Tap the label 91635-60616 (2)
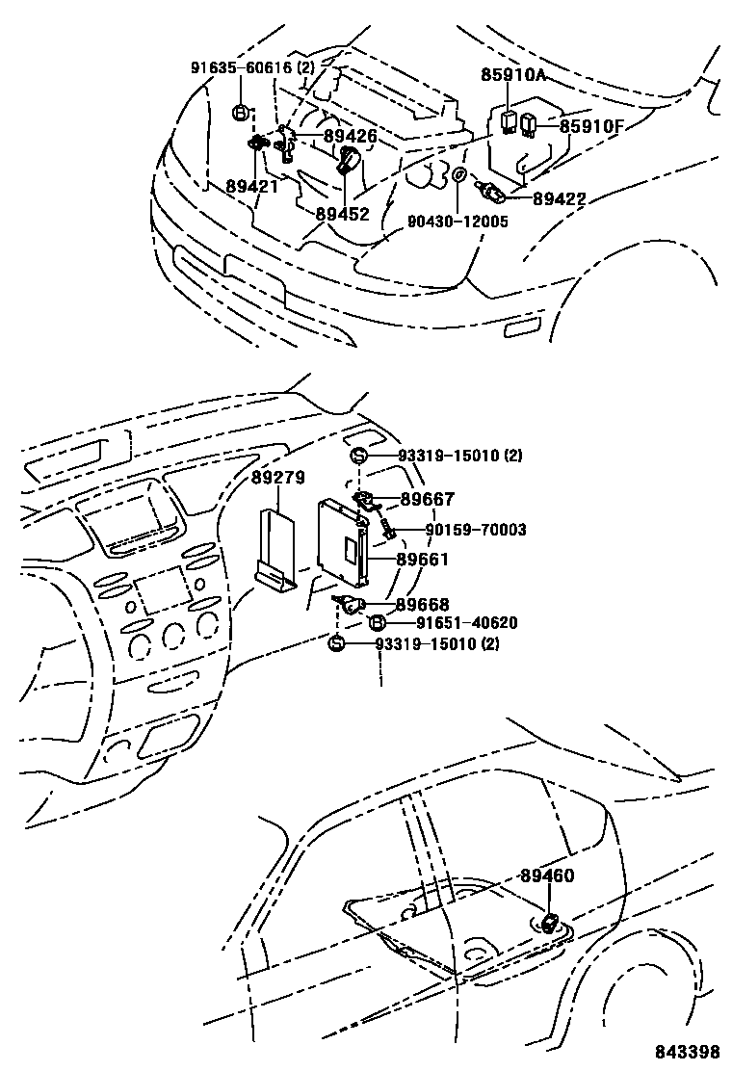[252, 67]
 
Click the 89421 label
[252, 187]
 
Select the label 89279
[277, 479]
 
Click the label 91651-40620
[453, 622]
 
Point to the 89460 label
[546, 876]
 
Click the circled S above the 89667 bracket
[357, 457]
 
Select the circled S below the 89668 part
[336, 643]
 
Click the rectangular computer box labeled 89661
[344, 543]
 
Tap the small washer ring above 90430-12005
[459, 175]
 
